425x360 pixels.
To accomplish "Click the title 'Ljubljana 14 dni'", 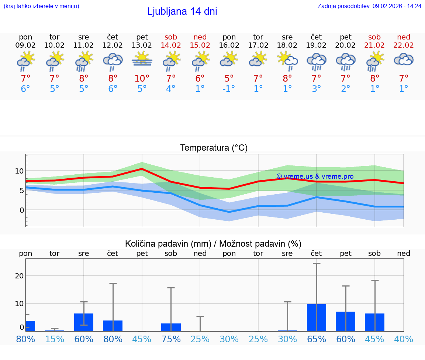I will pyautogui.click(x=182, y=11).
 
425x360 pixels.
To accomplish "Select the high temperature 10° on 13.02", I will pyautogui.click(x=142, y=79).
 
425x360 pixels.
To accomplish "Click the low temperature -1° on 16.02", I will pyautogui.click(x=229, y=89).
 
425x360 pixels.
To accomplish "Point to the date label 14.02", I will pyautogui.click(x=171, y=45).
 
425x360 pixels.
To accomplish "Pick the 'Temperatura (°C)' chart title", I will pyautogui.click(x=214, y=148).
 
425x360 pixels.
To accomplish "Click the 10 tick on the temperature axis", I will pyautogui.click(x=19, y=171).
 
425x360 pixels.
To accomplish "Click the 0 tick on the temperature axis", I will pyautogui.click(x=21, y=210).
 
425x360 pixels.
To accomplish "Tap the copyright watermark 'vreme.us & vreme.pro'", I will pyautogui.click(x=315, y=176).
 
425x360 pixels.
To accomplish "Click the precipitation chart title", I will pyautogui.click(x=213, y=244).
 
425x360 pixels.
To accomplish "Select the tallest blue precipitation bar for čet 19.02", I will pyautogui.click(x=317, y=318).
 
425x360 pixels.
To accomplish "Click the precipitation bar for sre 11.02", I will pyautogui.click(x=84, y=322).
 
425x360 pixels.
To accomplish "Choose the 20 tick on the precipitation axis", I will pyautogui.click(x=19, y=276).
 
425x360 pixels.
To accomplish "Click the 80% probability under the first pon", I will pyautogui.click(x=25, y=339).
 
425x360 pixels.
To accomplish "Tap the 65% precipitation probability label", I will pyautogui.click(x=317, y=339).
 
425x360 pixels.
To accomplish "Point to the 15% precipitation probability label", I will pyautogui.click(x=55, y=339).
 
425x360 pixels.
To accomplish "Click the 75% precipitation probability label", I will pyautogui.click(x=171, y=339).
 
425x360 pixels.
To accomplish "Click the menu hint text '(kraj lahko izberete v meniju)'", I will pyautogui.click(x=41, y=6).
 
